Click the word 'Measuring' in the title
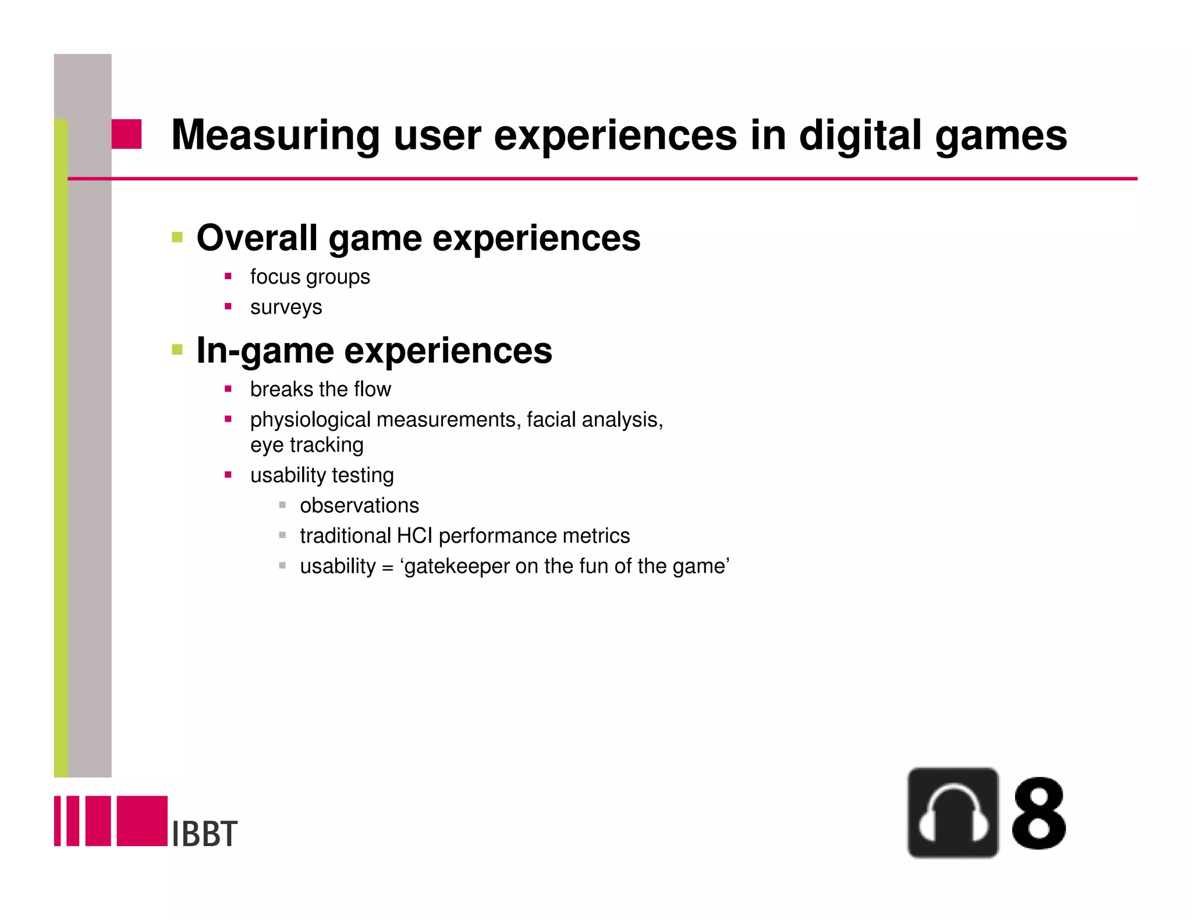[275, 135]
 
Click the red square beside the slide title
[126, 134]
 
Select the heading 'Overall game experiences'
[418, 238]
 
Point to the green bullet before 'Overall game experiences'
[178, 237]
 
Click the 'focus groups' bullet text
[310, 277]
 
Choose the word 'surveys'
[286, 307]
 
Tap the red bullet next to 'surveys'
[228, 306]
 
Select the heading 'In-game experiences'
[374, 351]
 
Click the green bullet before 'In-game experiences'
[178, 350]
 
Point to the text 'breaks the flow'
[320, 389]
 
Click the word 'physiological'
[311, 420]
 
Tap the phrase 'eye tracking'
[307, 445]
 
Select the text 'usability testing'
[322, 475]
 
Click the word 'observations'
[359, 505]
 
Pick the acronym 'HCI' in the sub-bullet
[415, 536]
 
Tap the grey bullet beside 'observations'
[282, 505]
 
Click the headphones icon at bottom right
[953, 812]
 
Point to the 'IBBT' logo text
[205, 833]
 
